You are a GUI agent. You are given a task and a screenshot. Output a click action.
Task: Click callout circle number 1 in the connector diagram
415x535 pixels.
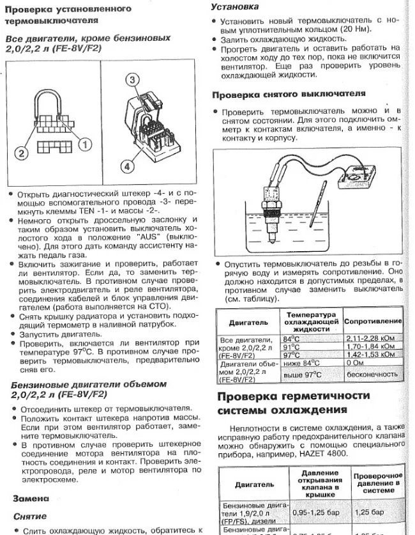[82, 144]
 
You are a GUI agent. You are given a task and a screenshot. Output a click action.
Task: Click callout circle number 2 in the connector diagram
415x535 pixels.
[21, 152]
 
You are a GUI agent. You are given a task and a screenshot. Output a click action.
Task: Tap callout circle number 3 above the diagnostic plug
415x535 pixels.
[131, 79]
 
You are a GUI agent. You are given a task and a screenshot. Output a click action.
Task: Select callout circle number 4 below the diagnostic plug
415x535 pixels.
[129, 166]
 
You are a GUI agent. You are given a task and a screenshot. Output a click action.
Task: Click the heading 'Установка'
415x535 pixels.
[234, 6]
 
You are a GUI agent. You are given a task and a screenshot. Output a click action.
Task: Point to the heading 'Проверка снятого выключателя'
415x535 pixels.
[289, 95]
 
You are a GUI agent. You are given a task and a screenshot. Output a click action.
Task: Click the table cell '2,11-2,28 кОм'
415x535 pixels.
[374, 337]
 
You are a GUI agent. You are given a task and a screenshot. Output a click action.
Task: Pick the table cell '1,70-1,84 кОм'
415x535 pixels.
[374, 346]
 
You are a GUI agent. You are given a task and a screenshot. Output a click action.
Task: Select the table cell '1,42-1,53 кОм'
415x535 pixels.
[374, 354]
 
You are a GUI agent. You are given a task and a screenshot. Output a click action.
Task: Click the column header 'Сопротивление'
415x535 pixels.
[373, 321]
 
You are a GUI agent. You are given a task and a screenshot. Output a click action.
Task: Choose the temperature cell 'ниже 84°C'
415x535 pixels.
[303, 363]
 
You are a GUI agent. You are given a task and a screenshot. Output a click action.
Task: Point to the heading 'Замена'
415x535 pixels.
[31, 498]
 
